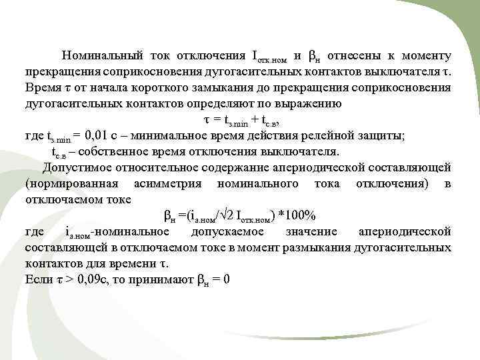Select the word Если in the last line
(x=37, y=279)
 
